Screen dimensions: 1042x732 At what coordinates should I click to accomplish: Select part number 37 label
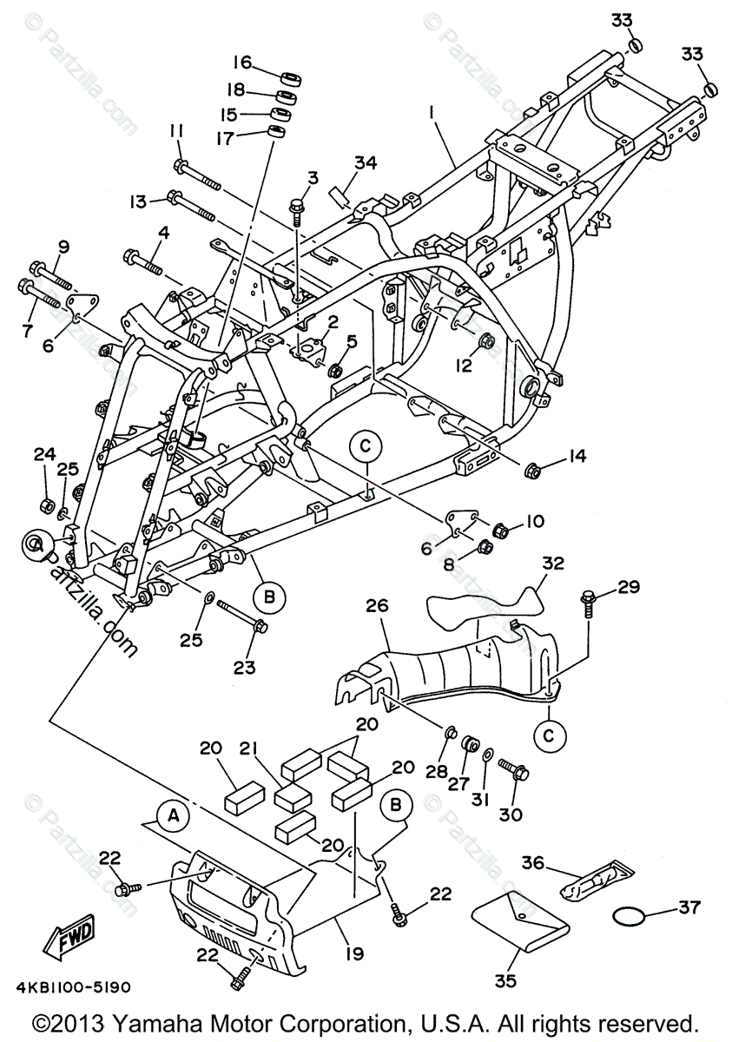[689, 907]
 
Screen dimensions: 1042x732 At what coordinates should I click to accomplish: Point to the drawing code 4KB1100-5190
[84, 987]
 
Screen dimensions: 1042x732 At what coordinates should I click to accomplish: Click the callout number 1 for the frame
[431, 112]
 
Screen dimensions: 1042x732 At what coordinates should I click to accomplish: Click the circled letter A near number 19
[173, 815]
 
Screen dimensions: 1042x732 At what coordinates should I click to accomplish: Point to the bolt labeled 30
[516, 770]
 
